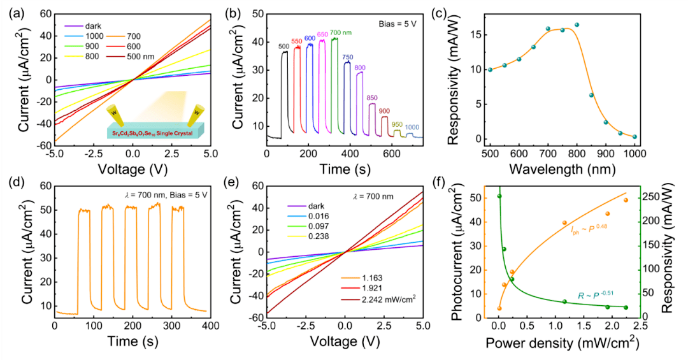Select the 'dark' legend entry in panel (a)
83,26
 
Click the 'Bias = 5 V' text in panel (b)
398,24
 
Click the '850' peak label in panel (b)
371,98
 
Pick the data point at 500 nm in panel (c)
490,70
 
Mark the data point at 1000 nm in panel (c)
634,136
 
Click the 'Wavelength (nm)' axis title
563,169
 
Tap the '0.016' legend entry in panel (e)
308,216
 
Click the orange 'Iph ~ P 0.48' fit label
589,229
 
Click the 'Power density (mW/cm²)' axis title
562,342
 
